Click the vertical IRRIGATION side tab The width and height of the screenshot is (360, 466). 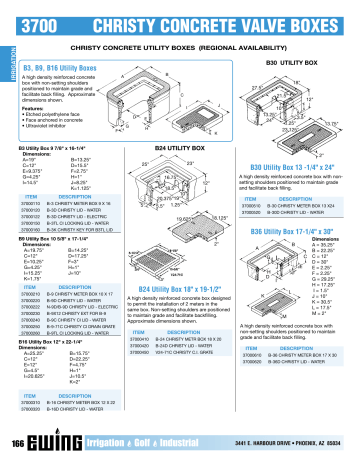coord(4,60)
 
